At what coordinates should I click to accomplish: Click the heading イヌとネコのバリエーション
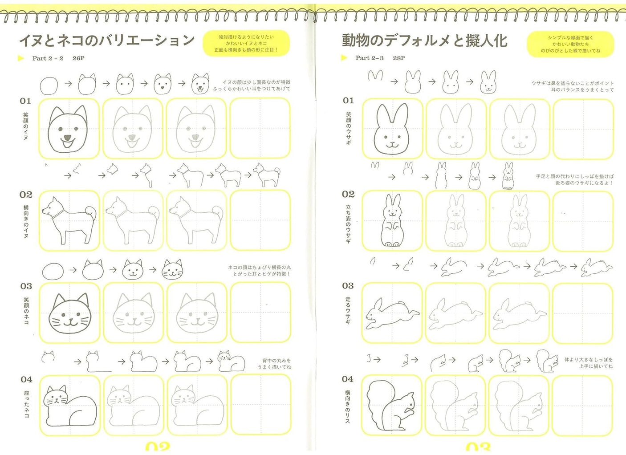click(x=107, y=41)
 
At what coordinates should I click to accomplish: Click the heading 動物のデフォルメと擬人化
click(x=424, y=41)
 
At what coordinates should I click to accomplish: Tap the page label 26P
click(x=78, y=58)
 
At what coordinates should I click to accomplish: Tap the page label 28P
click(x=399, y=58)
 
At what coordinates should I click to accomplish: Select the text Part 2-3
click(x=369, y=58)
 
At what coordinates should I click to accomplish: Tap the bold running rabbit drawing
click(x=392, y=313)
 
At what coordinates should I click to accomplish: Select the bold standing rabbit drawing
click(x=392, y=221)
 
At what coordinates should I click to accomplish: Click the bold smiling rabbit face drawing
click(x=392, y=129)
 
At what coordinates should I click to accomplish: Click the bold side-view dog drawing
click(x=69, y=221)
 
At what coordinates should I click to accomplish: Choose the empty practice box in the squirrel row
click(x=583, y=405)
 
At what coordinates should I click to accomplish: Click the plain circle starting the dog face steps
click(x=49, y=85)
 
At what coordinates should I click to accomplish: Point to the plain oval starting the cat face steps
click(x=53, y=270)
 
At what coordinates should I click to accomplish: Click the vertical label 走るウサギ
click(x=348, y=310)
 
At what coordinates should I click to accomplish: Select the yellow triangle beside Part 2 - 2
click(x=21, y=58)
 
